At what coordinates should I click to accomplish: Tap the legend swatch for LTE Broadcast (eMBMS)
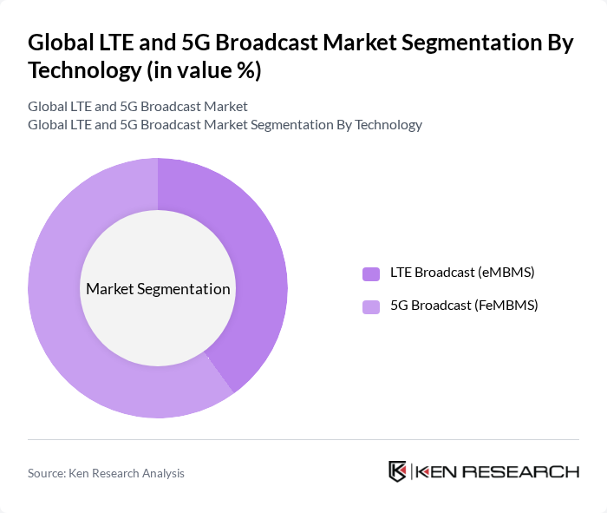tap(371, 273)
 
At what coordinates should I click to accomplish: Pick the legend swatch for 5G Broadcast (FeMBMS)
tap(371, 306)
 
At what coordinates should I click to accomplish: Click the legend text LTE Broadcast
tap(432, 273)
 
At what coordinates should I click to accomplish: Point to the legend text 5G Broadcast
tap(431, 306)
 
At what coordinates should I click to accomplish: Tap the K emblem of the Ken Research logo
tap(398, 471)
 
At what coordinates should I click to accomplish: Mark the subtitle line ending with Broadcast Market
tap(138, 106)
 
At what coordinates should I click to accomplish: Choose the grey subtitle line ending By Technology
tap(225, 124)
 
